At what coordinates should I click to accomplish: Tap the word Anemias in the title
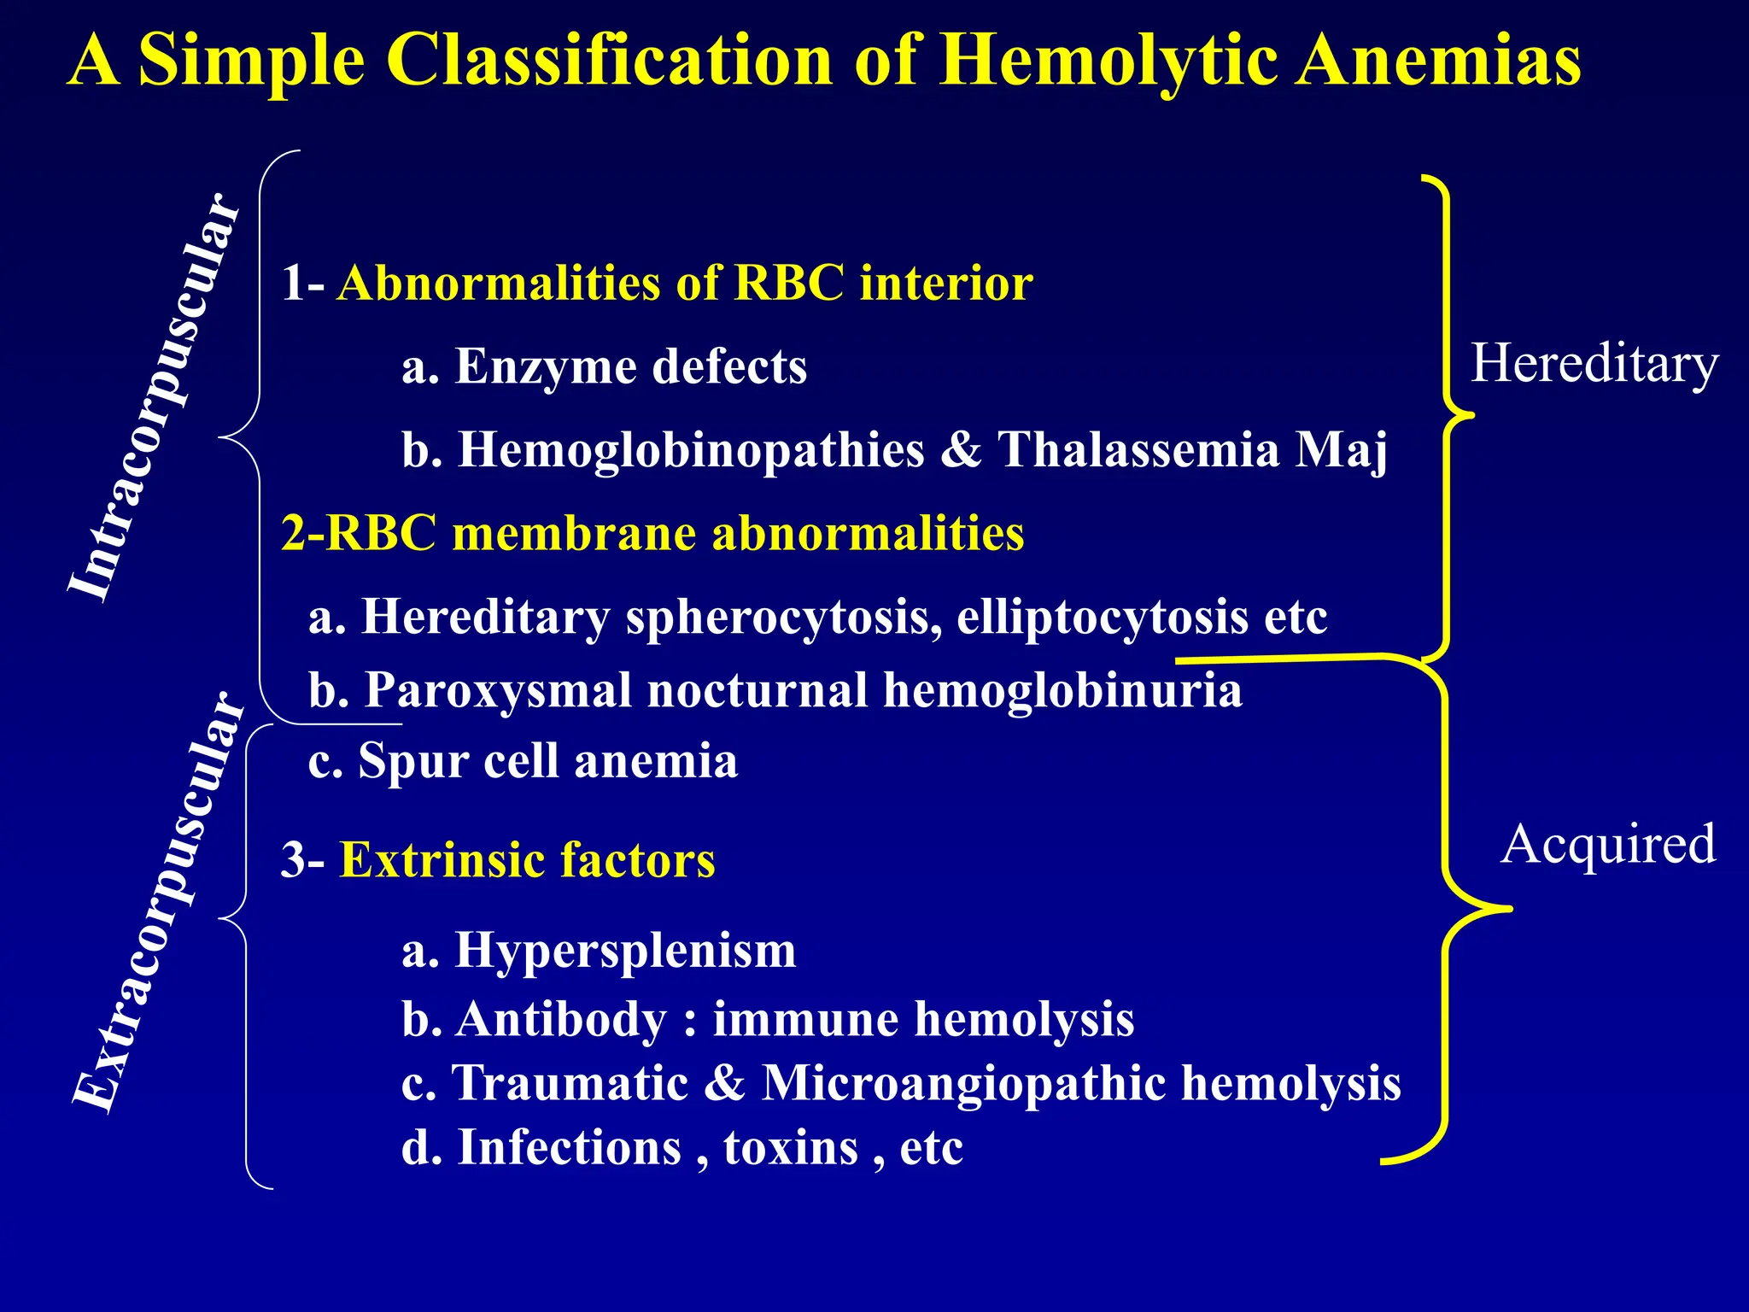[1438, 61]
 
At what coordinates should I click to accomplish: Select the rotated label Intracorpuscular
[154, 397]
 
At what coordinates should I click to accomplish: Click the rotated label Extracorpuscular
[158, 901]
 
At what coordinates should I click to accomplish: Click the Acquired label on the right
[1607, 845]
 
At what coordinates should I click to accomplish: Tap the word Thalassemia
[1139, 449]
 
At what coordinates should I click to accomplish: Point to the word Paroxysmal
[498, 690]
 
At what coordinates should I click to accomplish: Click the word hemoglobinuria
[1062, 690]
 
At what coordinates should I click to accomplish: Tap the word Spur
[412, 761]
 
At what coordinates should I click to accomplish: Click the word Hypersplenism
[625, 950]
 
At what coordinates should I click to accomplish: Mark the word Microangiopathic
[963, 1083]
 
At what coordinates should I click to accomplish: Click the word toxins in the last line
[790, 1147]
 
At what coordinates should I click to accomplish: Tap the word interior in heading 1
[946, 283]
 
